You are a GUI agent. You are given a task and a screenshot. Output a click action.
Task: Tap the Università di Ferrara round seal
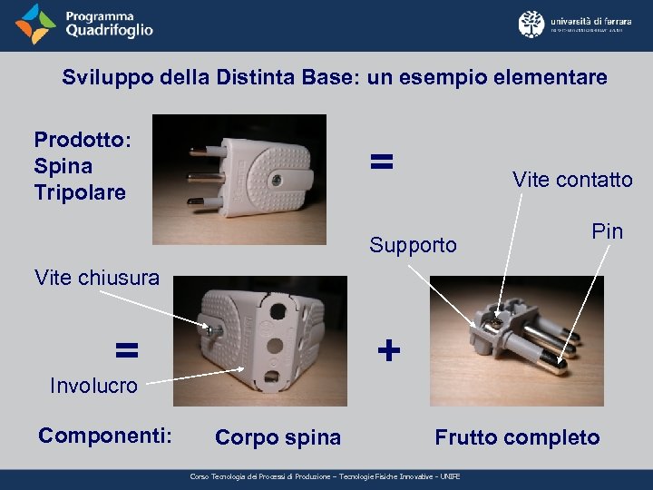pos(531,24)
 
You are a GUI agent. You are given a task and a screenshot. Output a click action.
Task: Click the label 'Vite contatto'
pos(572,180)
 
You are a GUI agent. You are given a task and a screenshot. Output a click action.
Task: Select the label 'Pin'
pos(607,231)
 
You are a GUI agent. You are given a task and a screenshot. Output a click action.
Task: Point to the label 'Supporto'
pos(413,245)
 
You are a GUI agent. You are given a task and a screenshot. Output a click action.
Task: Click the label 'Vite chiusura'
pos(95,278)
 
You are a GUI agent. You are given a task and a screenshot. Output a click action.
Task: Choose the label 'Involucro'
pos(93,386)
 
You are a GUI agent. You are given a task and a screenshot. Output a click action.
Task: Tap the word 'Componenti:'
pos(105,436)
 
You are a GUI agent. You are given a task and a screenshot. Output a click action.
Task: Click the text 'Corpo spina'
pos(278,437)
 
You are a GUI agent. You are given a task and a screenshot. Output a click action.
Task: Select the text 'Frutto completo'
pos(517,437)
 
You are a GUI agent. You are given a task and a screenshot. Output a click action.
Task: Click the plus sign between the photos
pos(388,350)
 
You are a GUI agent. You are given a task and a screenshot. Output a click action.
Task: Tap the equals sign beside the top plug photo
pos(382,162)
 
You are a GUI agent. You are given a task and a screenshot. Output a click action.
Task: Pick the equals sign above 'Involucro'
pos(126,349)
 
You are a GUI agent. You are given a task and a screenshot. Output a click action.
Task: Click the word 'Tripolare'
pos(80,192)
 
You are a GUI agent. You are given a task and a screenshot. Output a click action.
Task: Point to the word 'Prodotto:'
pos(83,140)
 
